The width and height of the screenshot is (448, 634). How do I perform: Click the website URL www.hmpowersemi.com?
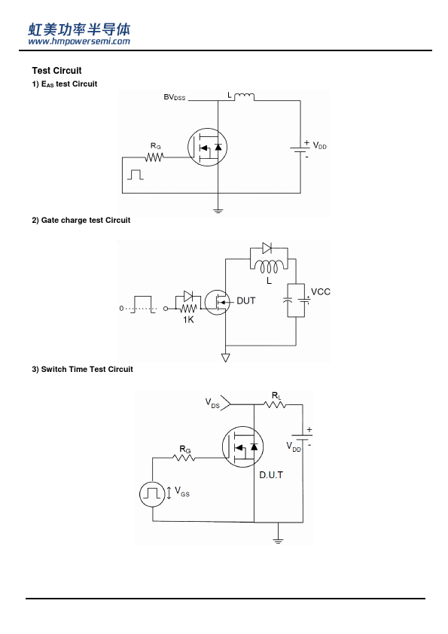[79, 41]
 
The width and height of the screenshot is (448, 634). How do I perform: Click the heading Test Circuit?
[56, 71]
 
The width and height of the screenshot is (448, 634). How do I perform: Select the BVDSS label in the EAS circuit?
[174, 97]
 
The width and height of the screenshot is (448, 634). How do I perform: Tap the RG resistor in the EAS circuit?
[154, 157]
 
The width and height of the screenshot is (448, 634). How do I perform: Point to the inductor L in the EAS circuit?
[244, 96]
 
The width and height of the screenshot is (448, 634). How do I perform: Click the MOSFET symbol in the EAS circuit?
[207, 147]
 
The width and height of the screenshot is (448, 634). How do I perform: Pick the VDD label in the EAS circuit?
[319, 146]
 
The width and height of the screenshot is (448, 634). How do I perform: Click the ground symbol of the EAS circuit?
[218, 211]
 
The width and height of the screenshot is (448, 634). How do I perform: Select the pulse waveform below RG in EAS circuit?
[136, 175]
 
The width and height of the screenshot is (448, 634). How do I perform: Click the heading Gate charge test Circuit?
[81, 221]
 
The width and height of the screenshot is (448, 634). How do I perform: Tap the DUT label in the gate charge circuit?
[245, 301]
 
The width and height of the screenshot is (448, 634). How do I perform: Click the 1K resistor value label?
[188, 320]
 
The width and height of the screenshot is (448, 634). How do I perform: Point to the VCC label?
[321, 292]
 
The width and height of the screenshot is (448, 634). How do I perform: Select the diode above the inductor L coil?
[267, 248]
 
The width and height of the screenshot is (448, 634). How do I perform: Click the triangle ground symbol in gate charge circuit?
[226, 358]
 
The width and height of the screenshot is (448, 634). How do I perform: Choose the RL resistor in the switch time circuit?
[275, 404]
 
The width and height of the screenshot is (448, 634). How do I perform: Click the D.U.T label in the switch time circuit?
[271, 475]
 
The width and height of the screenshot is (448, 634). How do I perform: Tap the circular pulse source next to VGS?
[152, 494]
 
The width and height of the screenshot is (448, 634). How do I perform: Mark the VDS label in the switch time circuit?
[212, 403]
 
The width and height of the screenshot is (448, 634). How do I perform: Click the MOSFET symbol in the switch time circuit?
[243, 447]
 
